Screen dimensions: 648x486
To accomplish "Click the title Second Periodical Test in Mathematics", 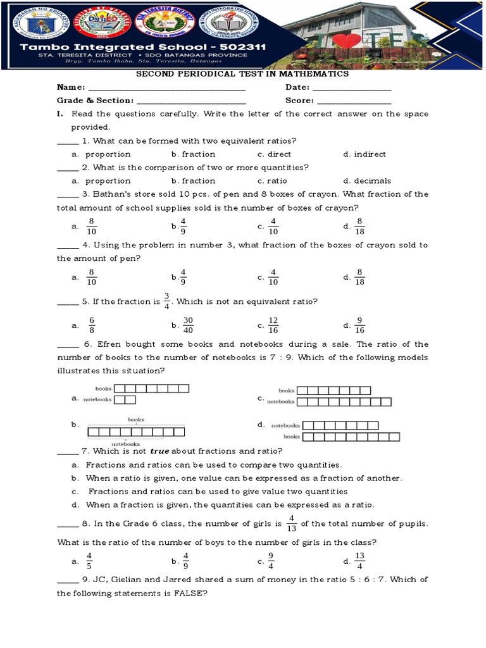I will click(244, 74).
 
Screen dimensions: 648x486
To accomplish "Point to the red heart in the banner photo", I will click(344, 42).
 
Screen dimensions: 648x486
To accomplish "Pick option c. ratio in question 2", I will click(273, 181).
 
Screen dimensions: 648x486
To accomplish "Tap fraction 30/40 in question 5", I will click(187, 325).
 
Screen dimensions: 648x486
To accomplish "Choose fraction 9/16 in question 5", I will click(360, 325).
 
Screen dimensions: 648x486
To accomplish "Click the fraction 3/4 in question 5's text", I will click(167, 301).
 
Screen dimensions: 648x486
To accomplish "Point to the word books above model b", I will click(136, 420).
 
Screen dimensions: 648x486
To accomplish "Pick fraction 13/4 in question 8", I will click(360, 561).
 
